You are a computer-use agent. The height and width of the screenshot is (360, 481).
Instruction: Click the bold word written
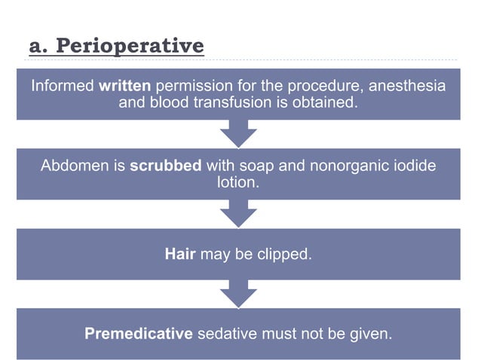(124, 85)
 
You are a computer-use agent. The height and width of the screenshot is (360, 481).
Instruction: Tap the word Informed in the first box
(63, 85)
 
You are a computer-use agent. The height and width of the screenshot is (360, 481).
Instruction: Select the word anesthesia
(406, 85)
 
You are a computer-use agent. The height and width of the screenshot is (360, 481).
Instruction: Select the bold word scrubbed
(165, 166)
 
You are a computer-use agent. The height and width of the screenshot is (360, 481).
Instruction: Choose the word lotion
(237, 182)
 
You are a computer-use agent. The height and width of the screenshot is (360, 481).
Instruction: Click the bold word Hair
(180, 254)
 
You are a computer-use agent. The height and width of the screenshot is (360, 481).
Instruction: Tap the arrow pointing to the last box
(238, 293)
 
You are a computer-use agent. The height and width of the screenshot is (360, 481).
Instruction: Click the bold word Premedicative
(139, 333)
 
